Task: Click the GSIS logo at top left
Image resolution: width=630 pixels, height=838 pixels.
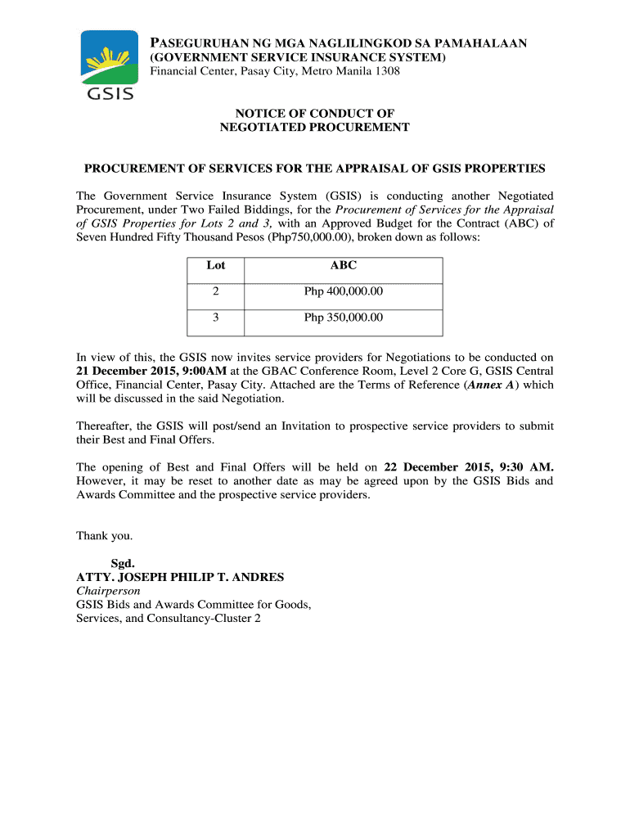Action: (x=106, y=65)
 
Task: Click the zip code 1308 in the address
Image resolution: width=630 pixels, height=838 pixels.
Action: (x=387, y=72)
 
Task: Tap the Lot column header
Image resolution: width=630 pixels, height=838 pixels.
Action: (x=216, y=265)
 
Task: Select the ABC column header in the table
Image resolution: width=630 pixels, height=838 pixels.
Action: (x=343, y=265)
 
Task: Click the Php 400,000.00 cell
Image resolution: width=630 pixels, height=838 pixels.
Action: (x=343, y=291)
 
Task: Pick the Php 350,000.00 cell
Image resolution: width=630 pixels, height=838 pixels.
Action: (x=343, y=318)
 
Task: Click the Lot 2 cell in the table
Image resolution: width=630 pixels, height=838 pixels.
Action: (x=216, y=291)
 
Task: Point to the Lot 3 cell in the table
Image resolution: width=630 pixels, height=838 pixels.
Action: (x=216, y=318)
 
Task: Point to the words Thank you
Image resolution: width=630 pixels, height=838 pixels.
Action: (x=104, y=536)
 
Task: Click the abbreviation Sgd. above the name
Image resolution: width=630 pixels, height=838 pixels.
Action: (x=123, y=563)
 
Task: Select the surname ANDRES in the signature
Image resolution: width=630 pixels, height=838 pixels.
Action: (x=257, y=577)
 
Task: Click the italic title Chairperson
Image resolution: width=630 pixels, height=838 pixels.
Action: (x=108, y=591)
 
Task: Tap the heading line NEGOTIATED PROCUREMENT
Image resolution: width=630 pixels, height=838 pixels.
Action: (x=314, y=128)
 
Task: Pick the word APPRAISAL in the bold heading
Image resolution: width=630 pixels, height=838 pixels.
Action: (x=387, y=169)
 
